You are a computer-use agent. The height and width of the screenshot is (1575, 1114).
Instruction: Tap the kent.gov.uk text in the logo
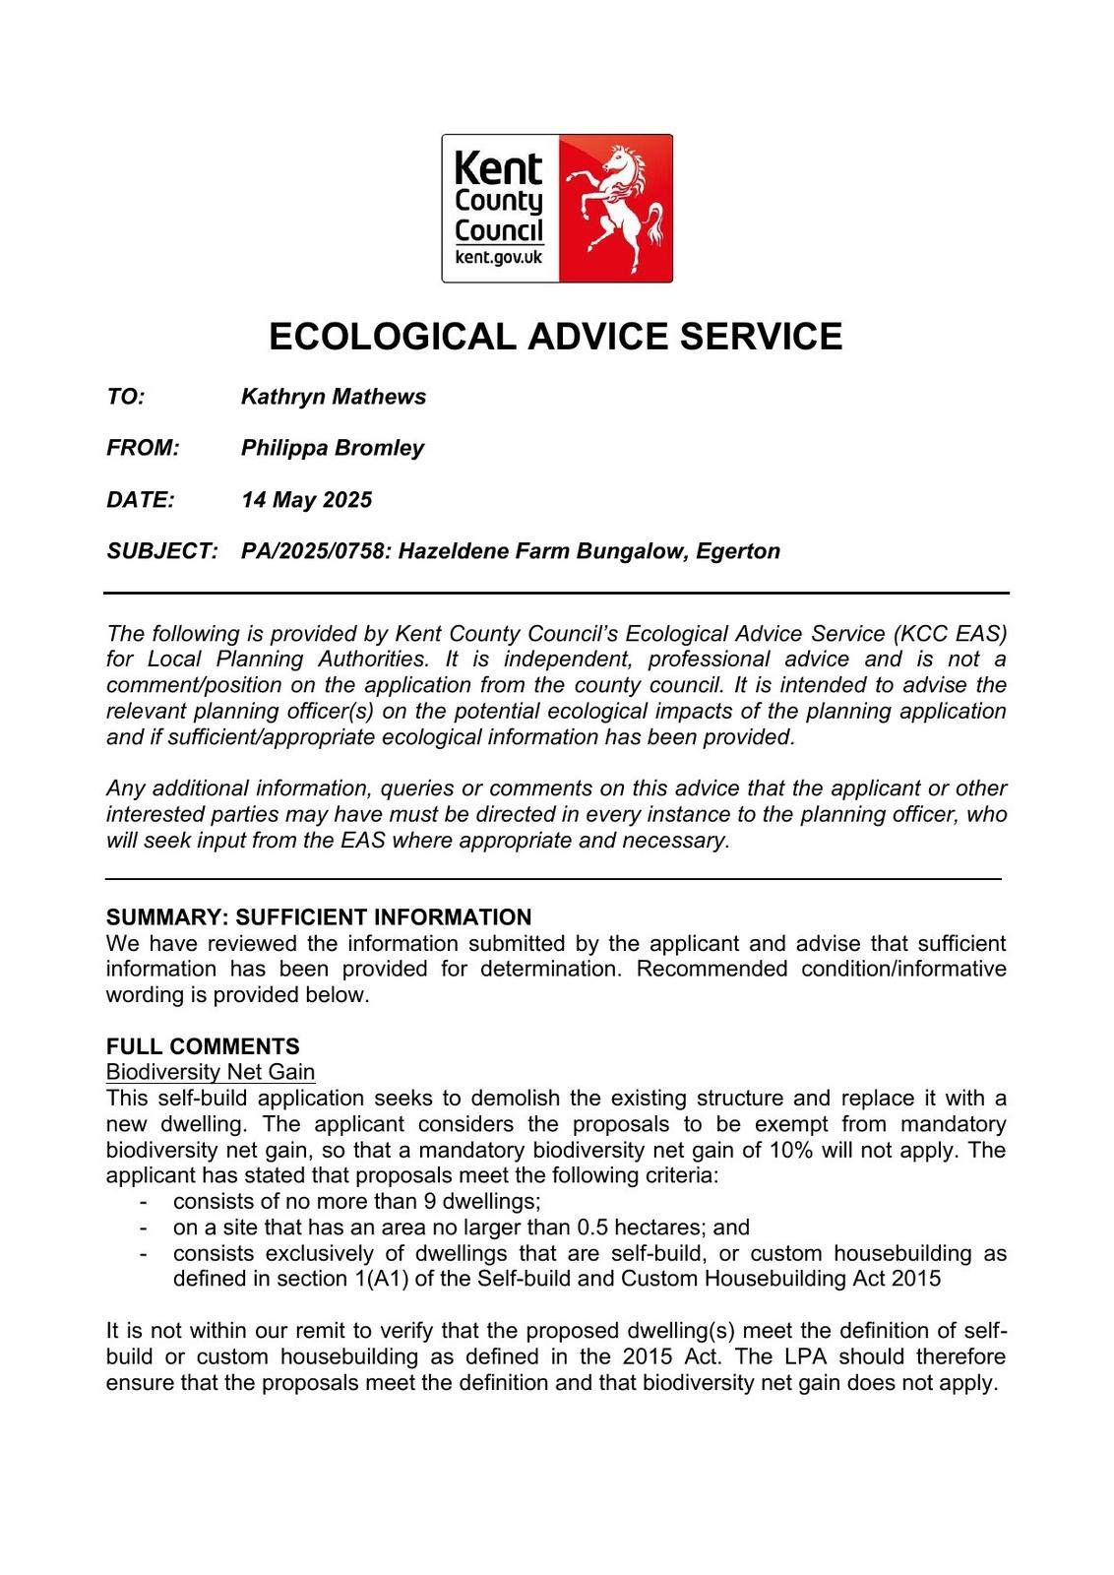(x=499, y=258)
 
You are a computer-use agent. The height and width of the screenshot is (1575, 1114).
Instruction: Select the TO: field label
(x=126, y=397)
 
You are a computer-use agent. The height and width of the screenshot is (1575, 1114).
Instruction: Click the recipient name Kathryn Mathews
(x=333, y=397)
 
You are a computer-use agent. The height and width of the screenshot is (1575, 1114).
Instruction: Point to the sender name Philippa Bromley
(x=332, y=448)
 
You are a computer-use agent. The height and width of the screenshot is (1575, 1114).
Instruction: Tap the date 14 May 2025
(x=306, y=500)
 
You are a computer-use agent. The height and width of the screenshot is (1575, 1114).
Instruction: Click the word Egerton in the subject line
(x=737, y=551)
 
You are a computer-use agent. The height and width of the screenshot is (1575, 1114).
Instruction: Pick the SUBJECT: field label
(x=161, y=551)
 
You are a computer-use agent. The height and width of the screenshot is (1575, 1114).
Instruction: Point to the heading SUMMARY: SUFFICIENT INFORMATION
(x=319, y=917)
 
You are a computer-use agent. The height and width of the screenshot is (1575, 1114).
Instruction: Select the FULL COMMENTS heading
(x=203, y=1046)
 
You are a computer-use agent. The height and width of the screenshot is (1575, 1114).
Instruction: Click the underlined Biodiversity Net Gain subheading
(x=211, y=1072)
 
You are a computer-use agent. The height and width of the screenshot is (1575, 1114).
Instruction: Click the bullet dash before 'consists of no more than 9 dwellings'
(x=145, y=1202)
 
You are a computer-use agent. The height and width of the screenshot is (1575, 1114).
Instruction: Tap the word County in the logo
(x=498, y=202)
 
